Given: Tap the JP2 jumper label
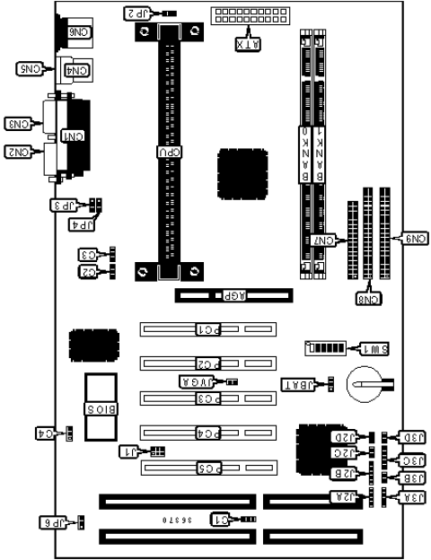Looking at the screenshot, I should tap(135, 13).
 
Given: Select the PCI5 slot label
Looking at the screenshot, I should tap(207, 467).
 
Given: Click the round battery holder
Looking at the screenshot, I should tap(366, 384).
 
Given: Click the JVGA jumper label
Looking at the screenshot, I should tap(201, 381).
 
